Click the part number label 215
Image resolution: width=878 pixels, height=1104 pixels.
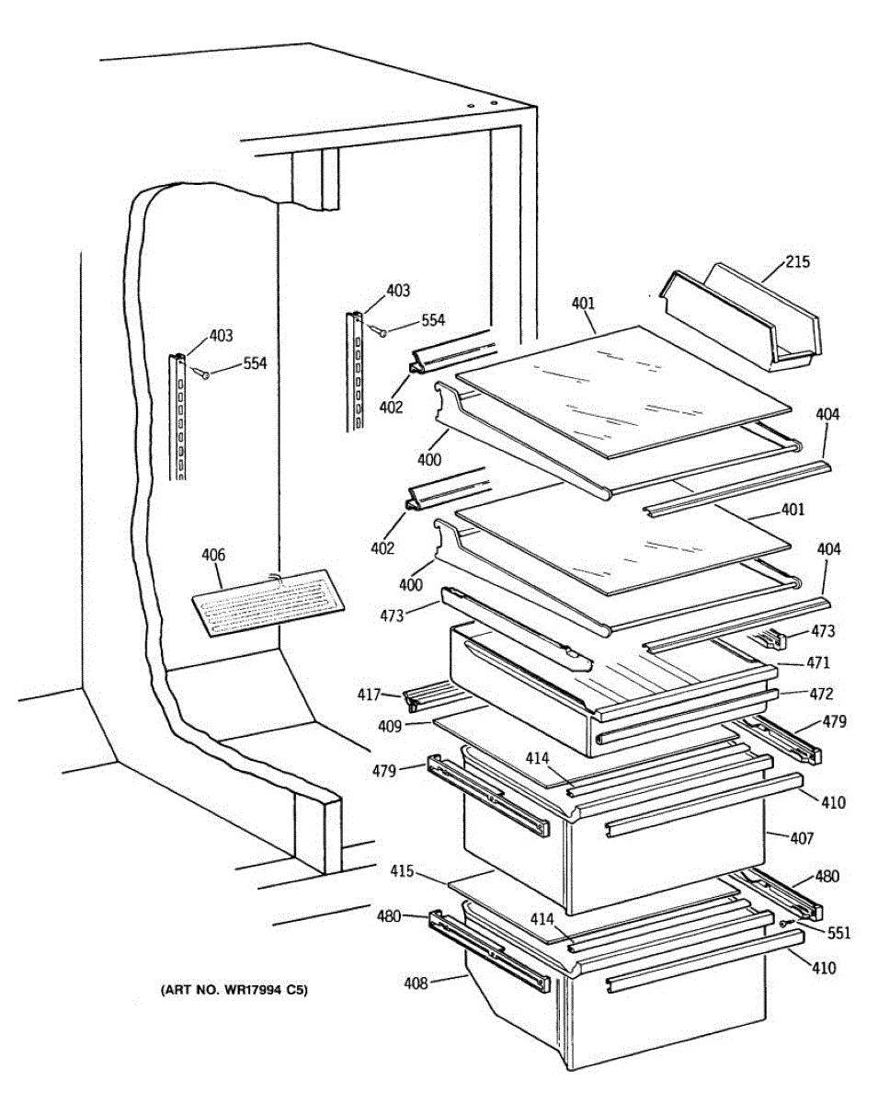tap(797, 262)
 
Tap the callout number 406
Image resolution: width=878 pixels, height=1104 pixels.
tap(212, 555)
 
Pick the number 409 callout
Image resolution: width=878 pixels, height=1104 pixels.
tap(389, 726)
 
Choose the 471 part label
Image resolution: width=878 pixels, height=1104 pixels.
tap(817, 662)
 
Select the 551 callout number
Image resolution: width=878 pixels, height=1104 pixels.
tap(838, 933)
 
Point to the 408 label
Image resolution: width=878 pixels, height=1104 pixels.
tap(416, 983)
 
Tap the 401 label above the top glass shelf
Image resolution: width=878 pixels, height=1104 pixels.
tap(583, 303)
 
